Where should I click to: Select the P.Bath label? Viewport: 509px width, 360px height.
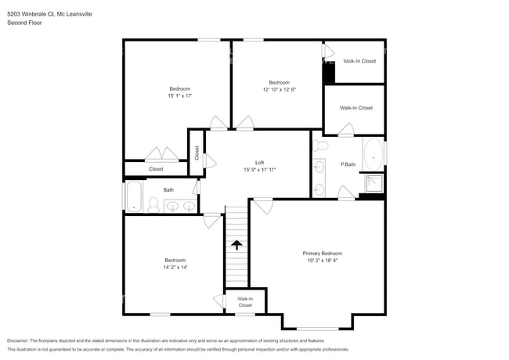pyautogui.click(x=348, y=164)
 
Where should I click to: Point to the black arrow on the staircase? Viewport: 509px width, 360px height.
pyautogui.click(x=236, y=245)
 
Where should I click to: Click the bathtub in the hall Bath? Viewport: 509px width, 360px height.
pyautogui.click(x=132, y=197)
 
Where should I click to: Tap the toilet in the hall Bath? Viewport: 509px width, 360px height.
pyautogui.click(x=153, y=205)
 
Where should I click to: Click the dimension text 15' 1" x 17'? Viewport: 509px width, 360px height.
pyautogui.click(x=179, y=95)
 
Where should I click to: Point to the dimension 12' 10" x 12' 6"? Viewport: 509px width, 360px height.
pyautogui.click(x=279, y=90)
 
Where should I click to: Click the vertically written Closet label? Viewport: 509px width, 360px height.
pyautogui.click(x=197, y=152)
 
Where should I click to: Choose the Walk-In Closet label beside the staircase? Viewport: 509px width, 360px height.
pyautogui.click(x=245, y=302)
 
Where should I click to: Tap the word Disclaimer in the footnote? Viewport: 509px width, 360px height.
pyautogui.click(x=20, y=341)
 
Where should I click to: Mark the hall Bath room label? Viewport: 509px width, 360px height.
pyautogui.click(x=168, y=189)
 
